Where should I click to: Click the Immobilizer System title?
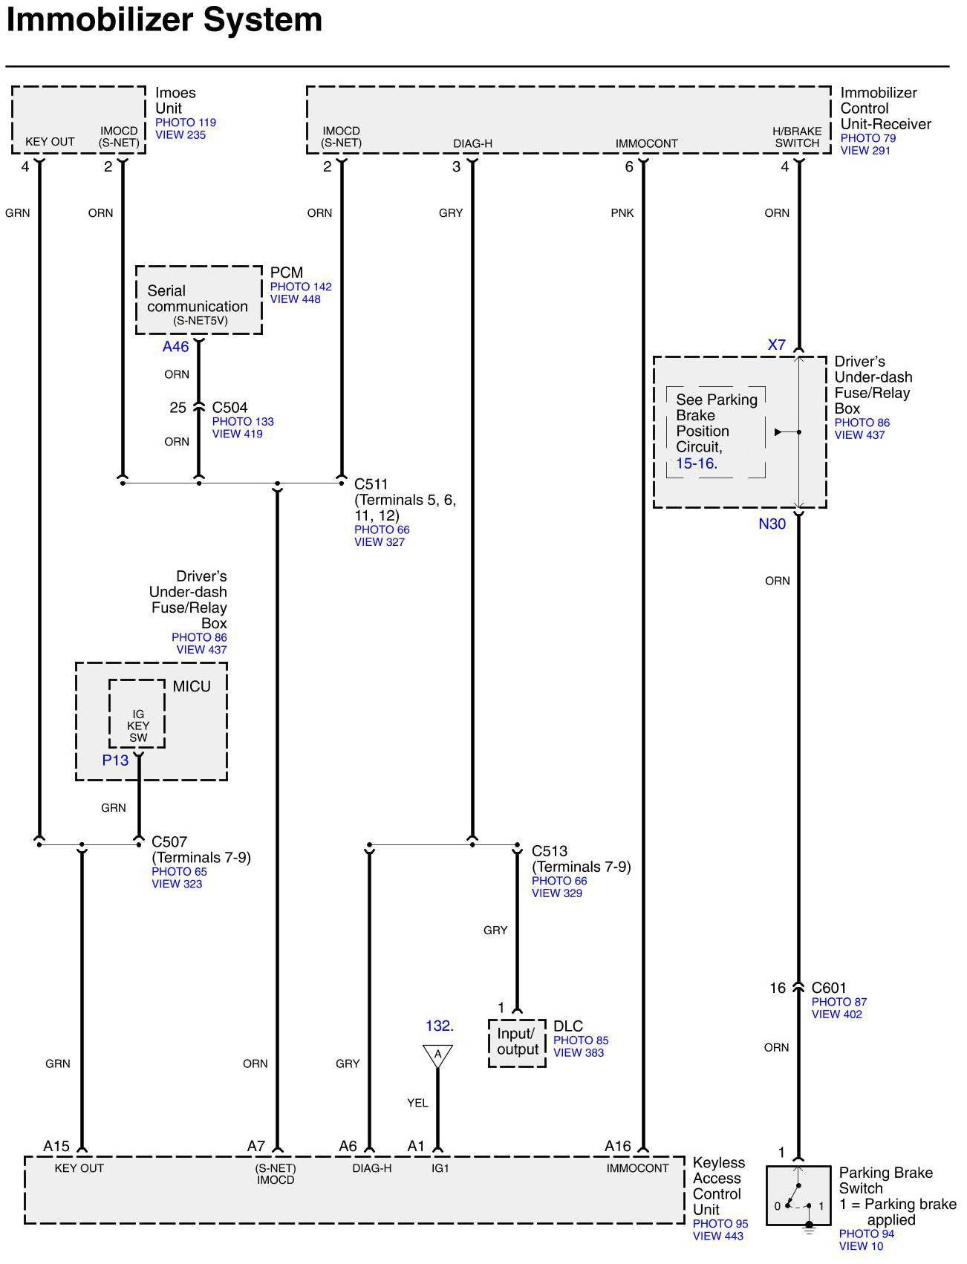coord(164,20)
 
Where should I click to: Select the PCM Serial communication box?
coord(198,300)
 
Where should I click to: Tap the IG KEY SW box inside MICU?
coord(137,714)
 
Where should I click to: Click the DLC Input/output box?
coord(517,1043)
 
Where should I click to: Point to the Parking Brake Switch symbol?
coord(798,1196)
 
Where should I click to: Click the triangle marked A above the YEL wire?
coord(437,1055)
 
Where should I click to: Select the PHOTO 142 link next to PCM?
coord(301,287)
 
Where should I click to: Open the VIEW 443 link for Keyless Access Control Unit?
coord(717,1236)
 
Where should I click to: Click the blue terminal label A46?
coord(176,347)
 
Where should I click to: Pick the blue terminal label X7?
coord(776,345)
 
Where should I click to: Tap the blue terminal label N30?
coord(772,524)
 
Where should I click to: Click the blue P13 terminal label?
coord(115,760)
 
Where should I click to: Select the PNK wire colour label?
coord(622,213)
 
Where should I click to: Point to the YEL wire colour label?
coord(417,1103)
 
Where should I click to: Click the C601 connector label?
coord(829,988)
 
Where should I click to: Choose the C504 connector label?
coord(229,407)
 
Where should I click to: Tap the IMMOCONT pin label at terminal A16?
coord(637,1168)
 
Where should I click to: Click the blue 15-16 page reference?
coord(696,463)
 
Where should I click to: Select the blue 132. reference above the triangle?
coord(439,1026)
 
